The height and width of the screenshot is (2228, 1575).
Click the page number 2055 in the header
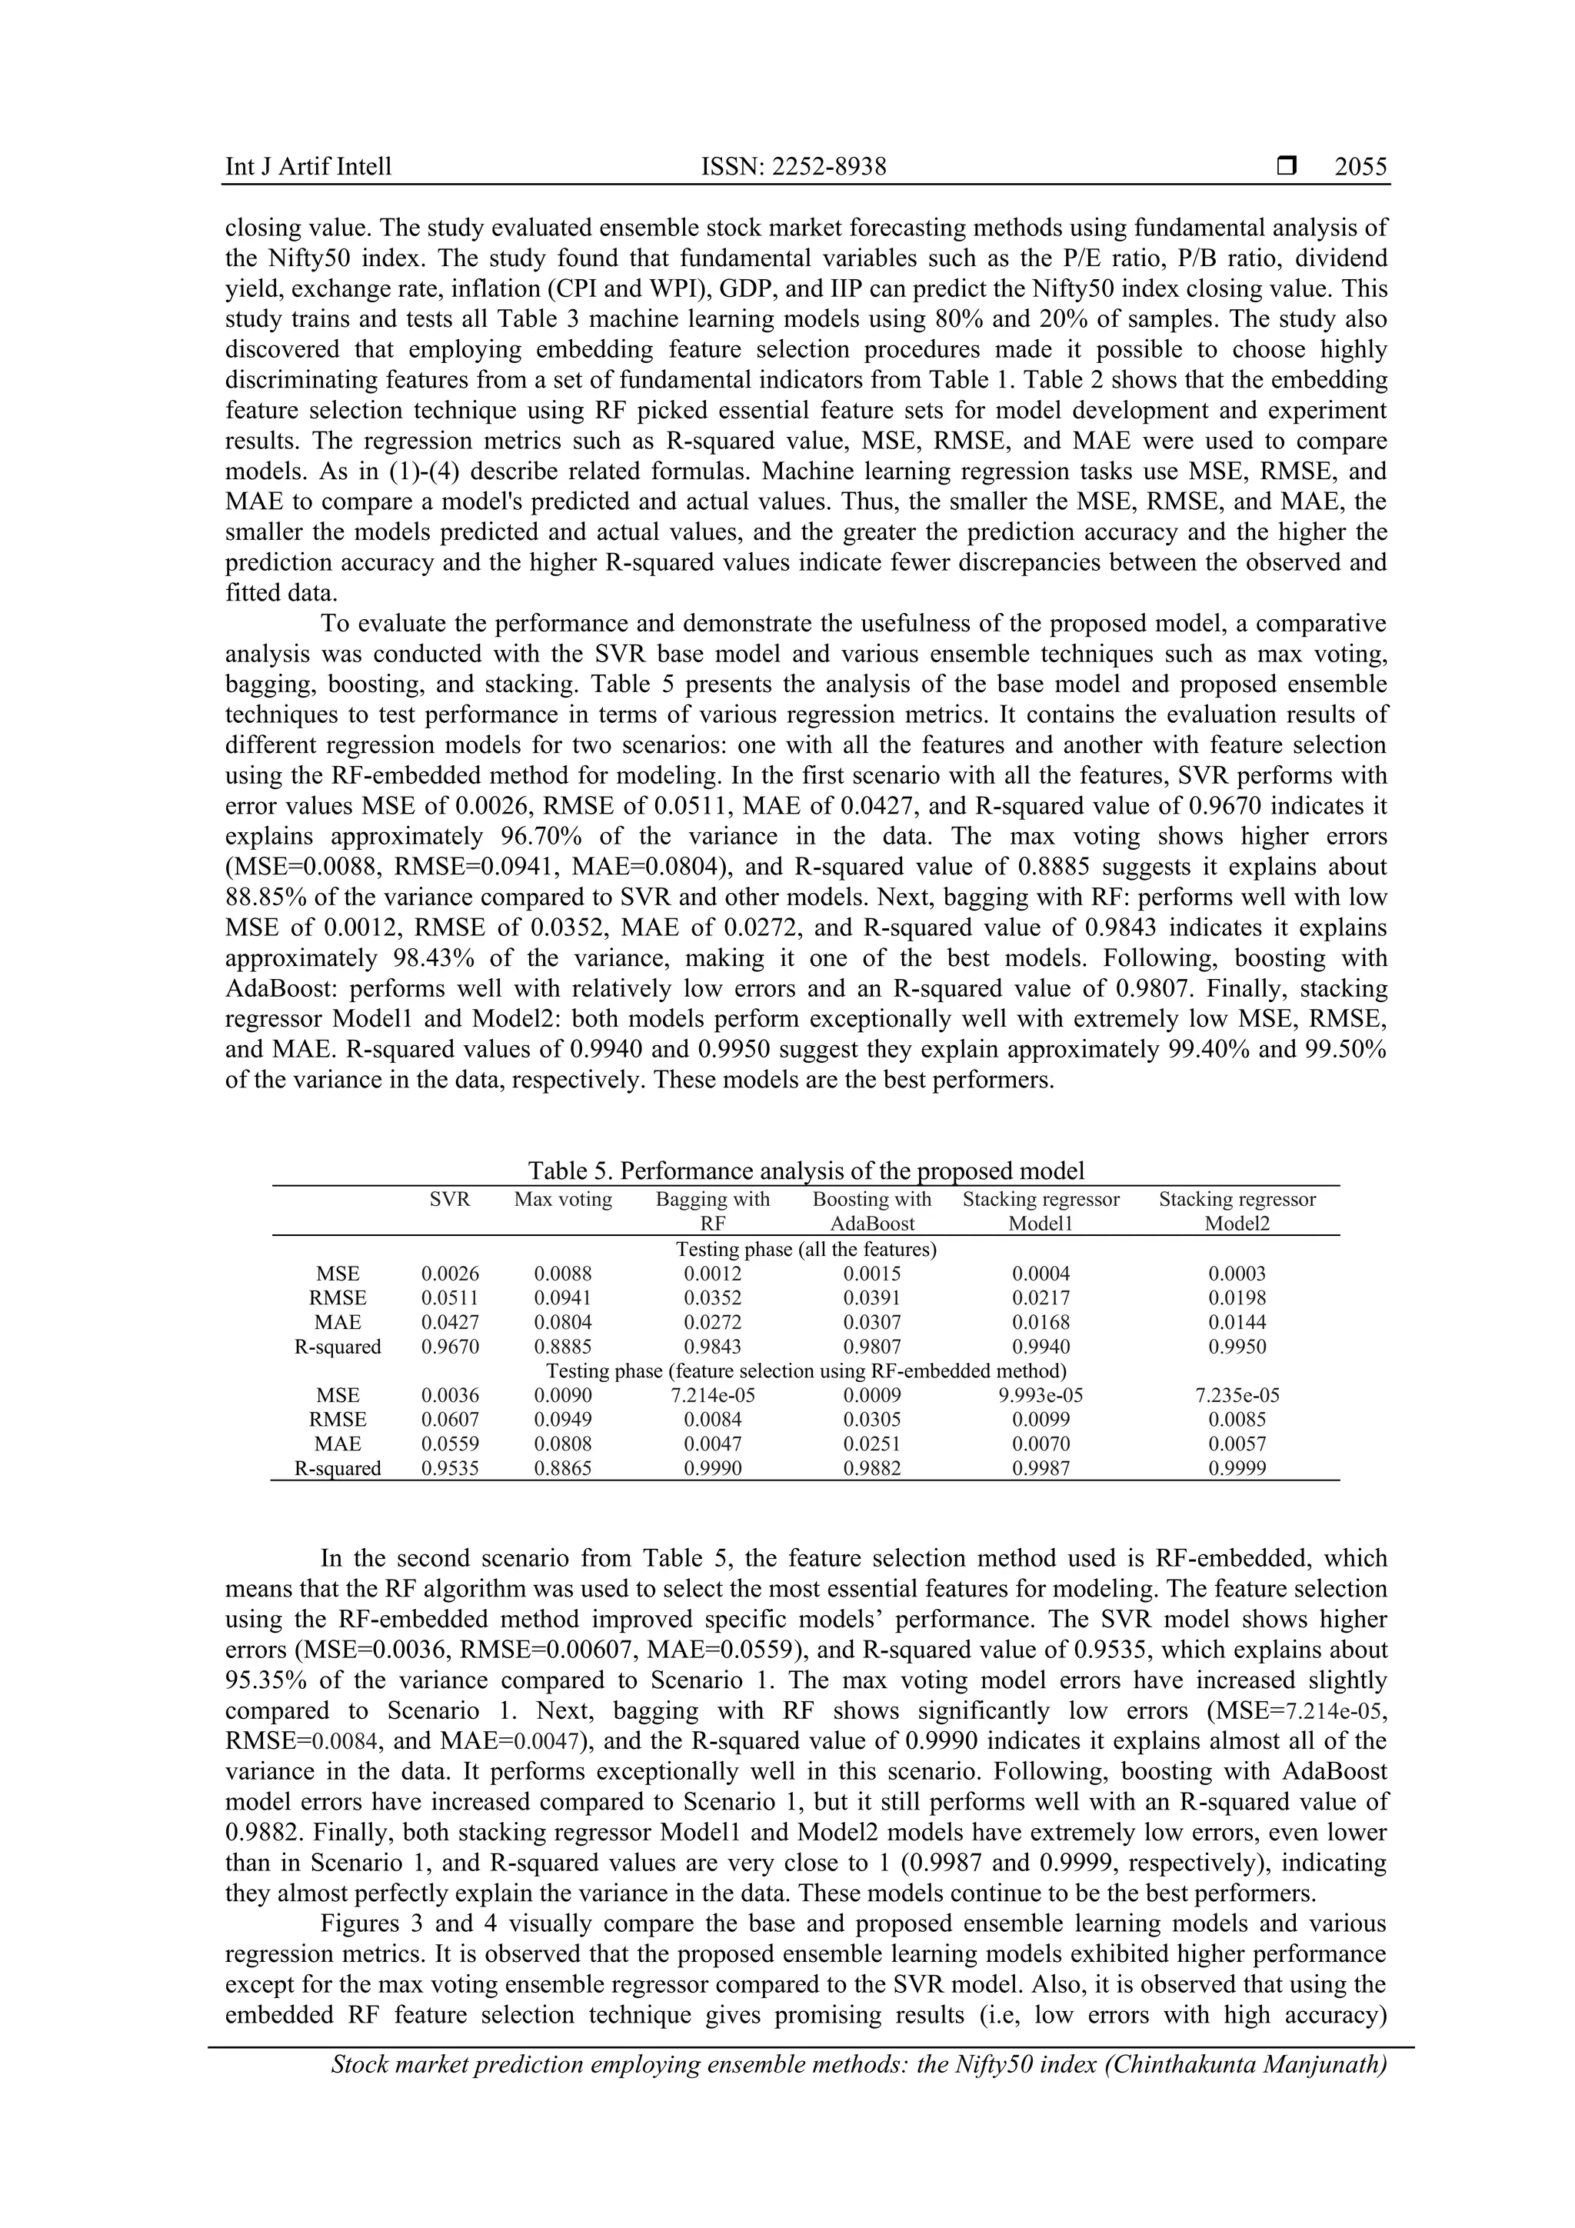point(1360,167)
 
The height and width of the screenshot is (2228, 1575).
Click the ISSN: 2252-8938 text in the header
point(793,167)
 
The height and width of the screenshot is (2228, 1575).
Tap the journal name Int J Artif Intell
point(308,167)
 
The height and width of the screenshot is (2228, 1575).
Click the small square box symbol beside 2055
point(1287,167)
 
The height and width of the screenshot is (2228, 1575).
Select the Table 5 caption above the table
point(805,1171)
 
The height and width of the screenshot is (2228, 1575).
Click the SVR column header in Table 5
point(449,1200)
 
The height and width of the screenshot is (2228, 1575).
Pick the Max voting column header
point(563,1200)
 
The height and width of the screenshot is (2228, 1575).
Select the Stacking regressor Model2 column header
point(1237,1211)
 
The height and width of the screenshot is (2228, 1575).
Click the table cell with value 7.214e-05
point(712,1395)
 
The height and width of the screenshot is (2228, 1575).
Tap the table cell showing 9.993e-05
point(1041,1395)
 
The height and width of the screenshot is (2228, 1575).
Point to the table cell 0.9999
point(1237,1468)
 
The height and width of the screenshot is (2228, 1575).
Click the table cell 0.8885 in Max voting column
point(563,1347)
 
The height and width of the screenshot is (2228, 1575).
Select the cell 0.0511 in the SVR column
point(449,1298)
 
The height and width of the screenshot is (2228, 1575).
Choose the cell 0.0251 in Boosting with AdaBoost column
point(871,1444)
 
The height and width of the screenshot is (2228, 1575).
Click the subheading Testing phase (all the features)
point(805,1249)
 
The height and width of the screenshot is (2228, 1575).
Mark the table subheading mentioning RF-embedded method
point(805,1371)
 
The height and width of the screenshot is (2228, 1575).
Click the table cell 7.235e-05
point(1237,1395)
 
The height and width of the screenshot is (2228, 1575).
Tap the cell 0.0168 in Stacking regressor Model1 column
point(1041,1323)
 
